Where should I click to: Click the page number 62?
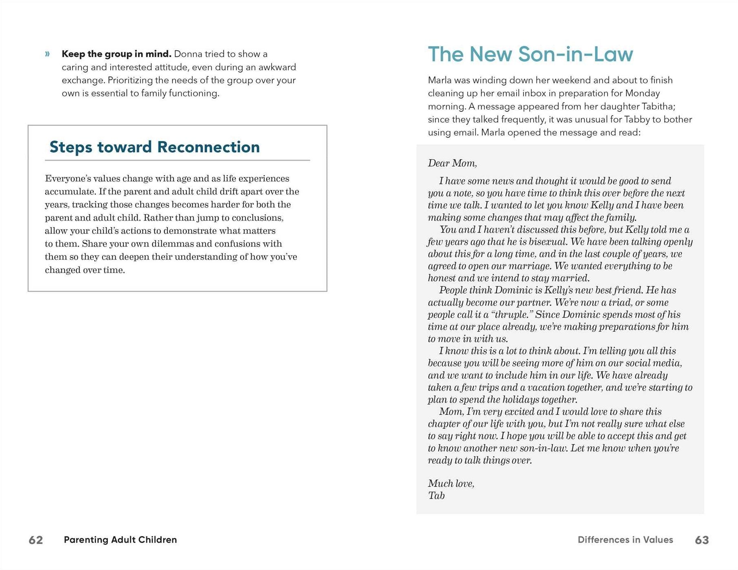[36, 540]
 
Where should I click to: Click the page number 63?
[702, 540]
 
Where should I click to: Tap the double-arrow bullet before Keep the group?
[47, 54]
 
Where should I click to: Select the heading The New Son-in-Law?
[530, 54]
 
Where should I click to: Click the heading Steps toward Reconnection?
[154, 147]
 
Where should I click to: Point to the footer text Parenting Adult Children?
[120, 540]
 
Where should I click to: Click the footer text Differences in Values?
[625, 540]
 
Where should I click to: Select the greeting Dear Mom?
[452, 163]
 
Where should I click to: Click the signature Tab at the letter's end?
[436, 496]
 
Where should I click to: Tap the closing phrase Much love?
[451, 484]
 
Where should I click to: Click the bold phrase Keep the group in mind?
[116, 54]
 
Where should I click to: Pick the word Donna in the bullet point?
[188, 54]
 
